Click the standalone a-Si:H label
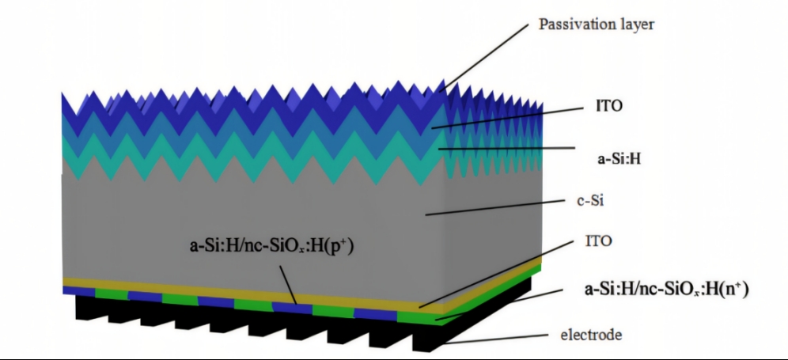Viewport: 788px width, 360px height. (618, 159)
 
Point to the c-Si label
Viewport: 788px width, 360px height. (589, 201)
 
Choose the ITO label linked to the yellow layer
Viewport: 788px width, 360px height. (598, 241)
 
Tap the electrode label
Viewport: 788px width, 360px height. (591, 334)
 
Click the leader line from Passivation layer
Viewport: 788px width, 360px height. (484, 57)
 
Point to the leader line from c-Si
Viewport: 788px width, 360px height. (496, 207)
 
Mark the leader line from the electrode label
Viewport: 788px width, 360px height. (497, 339)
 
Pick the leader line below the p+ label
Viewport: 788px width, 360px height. (288, 285)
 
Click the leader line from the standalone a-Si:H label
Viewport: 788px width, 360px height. (506, 148)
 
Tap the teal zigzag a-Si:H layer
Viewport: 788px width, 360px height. (252, 156)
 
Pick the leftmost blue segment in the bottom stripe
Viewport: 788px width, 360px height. (78, 290)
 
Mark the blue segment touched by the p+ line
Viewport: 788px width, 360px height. (291, 307)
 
